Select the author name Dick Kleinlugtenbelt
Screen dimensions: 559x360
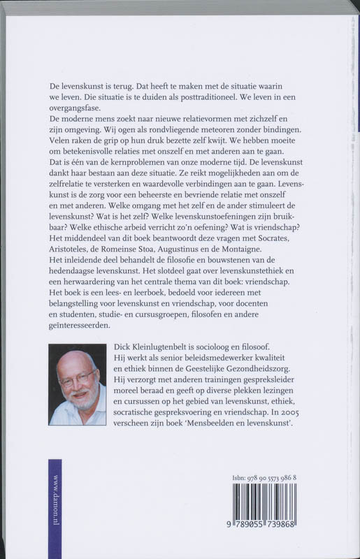point(167,347)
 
